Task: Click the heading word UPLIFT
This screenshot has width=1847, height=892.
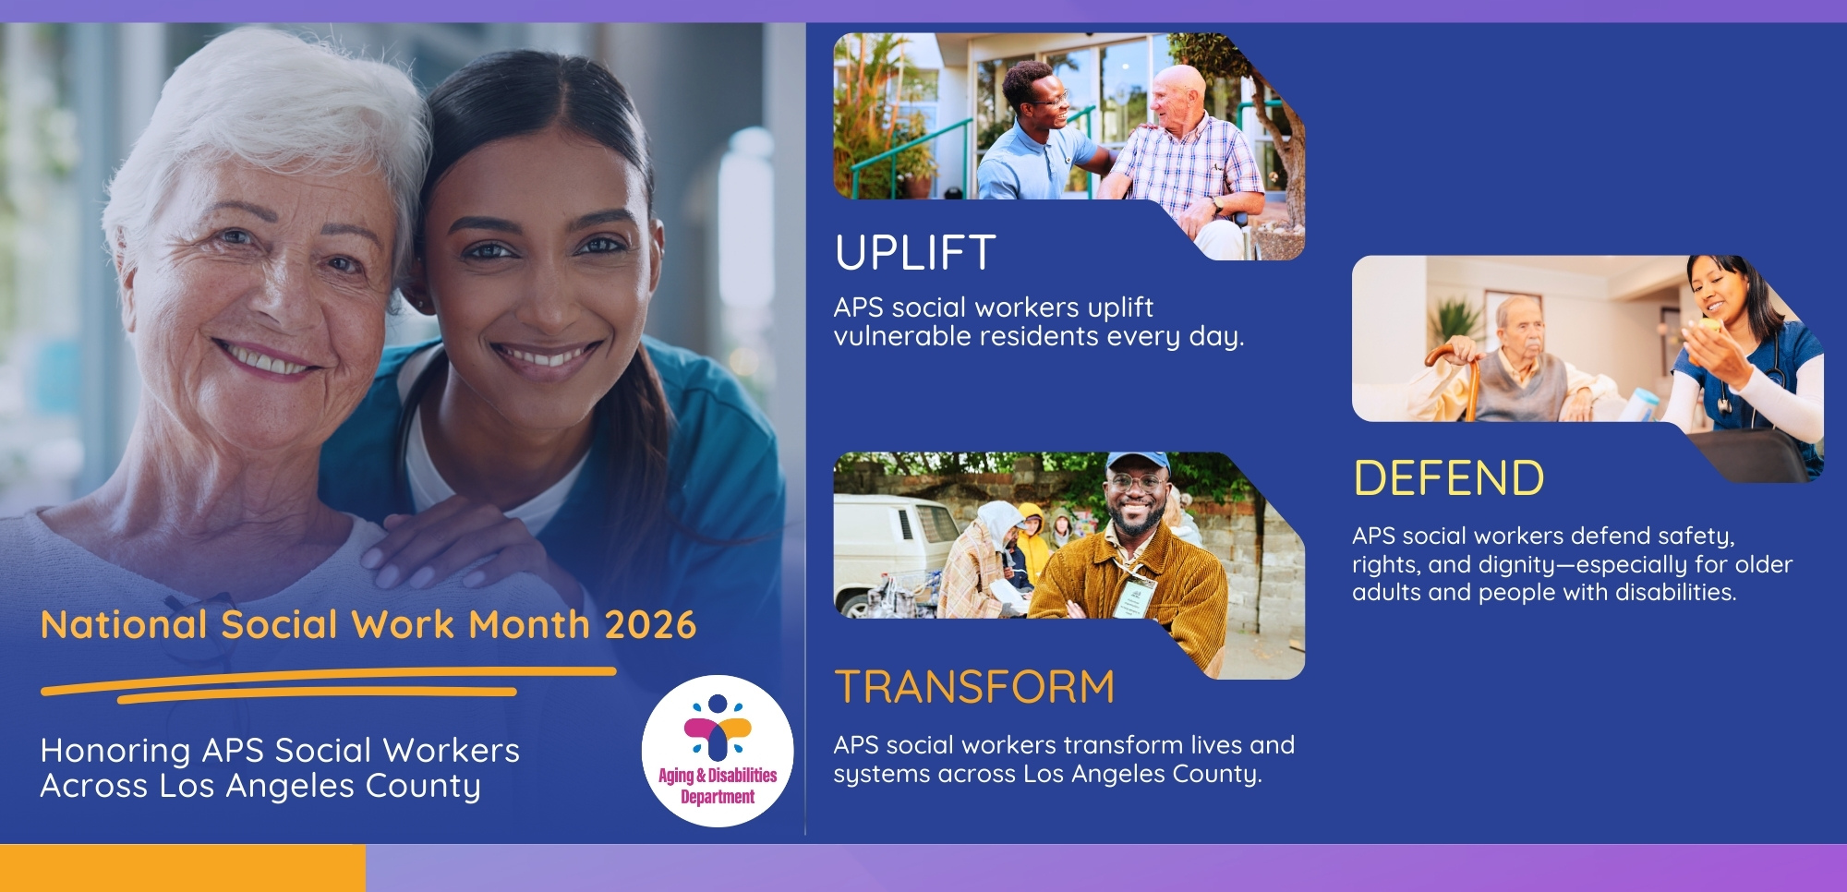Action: coord(915,253)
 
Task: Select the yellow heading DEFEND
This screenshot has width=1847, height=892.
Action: coord(1448,478)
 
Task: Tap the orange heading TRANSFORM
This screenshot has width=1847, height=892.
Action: coord(974,688)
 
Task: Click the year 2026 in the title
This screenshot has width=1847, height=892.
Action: coord(650,625)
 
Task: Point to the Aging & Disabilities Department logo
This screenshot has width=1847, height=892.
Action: coord(718,750)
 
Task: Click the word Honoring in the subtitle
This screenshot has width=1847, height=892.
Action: coord(115,752)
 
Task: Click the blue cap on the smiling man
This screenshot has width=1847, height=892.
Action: coord(1137,462)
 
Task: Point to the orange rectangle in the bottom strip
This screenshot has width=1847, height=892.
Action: coord(183,868)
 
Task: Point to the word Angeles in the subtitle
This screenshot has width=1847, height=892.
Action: coord(290,787)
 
